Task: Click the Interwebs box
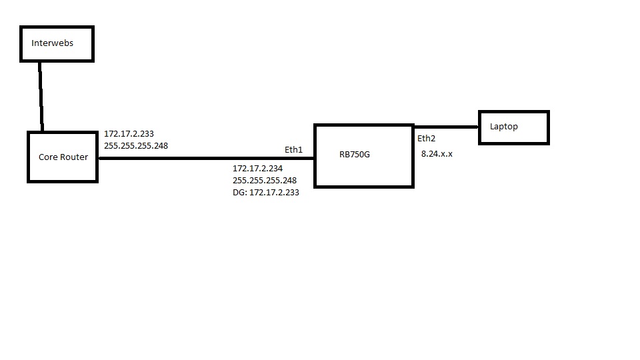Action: [57, 44]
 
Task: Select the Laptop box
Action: [513, 127]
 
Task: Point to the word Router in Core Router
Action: [75, 157]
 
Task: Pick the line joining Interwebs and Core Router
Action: [41, 97]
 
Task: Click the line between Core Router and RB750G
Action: [200, 158]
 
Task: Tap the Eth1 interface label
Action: [293, 150]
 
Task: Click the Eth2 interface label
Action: [426, 139]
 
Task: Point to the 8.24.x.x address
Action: [437, 154]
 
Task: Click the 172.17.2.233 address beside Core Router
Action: [129, 133]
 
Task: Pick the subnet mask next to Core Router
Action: [136, 145]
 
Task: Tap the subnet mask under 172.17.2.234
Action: [265, 180]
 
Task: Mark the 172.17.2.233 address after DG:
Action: [273, 192]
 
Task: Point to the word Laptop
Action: [503, 126]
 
